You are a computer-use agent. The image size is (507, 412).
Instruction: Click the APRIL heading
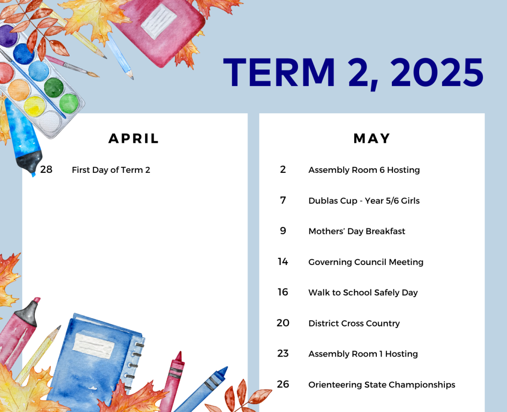pos(133,139)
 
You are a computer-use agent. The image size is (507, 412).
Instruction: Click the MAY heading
pos(372,139)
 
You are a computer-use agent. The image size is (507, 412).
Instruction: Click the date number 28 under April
pos(46,169)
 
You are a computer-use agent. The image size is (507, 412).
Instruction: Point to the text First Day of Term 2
pos(111,170)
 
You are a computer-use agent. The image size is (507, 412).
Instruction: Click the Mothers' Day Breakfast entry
pos(357,231)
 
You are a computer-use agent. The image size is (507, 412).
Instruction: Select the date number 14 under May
pos(283,261)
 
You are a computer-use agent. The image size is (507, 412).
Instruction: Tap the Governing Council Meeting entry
pos(366,262)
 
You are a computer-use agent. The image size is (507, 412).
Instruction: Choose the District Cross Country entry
pos(354,323)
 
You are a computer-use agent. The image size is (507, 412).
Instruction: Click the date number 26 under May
pos(283,384)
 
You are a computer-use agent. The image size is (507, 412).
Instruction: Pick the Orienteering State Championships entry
pos(382,385)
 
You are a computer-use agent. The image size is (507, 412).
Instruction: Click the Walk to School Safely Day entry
pos(363,293)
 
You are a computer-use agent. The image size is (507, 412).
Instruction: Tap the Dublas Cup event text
pos(364,201)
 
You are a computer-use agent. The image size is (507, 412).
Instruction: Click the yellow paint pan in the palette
pos(34,106)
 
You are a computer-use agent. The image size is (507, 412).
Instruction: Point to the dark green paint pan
pos(54,87)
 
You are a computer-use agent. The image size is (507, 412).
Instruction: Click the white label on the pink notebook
pos(159,21)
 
